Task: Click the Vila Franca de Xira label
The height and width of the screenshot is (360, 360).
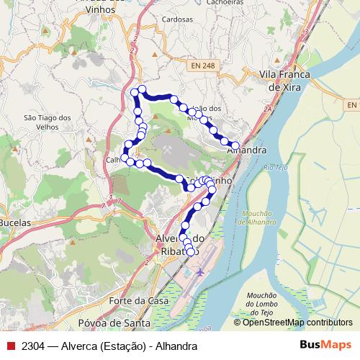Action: click(283, 81)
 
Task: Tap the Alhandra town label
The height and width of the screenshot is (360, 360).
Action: click(246, 151)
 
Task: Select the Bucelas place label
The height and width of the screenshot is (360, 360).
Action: click(15, 223)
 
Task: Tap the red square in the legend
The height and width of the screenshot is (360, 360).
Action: click(10, 346)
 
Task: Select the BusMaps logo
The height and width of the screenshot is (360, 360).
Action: click(325, 346)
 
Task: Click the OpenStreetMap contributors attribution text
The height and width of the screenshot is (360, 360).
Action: click(297, 323)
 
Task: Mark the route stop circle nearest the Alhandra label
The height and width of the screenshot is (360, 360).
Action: click(235, 145)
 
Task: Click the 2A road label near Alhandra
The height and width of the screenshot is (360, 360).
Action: click(268, 109)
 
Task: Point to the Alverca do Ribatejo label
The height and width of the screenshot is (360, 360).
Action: click(180, 244)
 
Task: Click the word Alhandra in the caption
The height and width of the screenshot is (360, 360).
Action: click(175, 346)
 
